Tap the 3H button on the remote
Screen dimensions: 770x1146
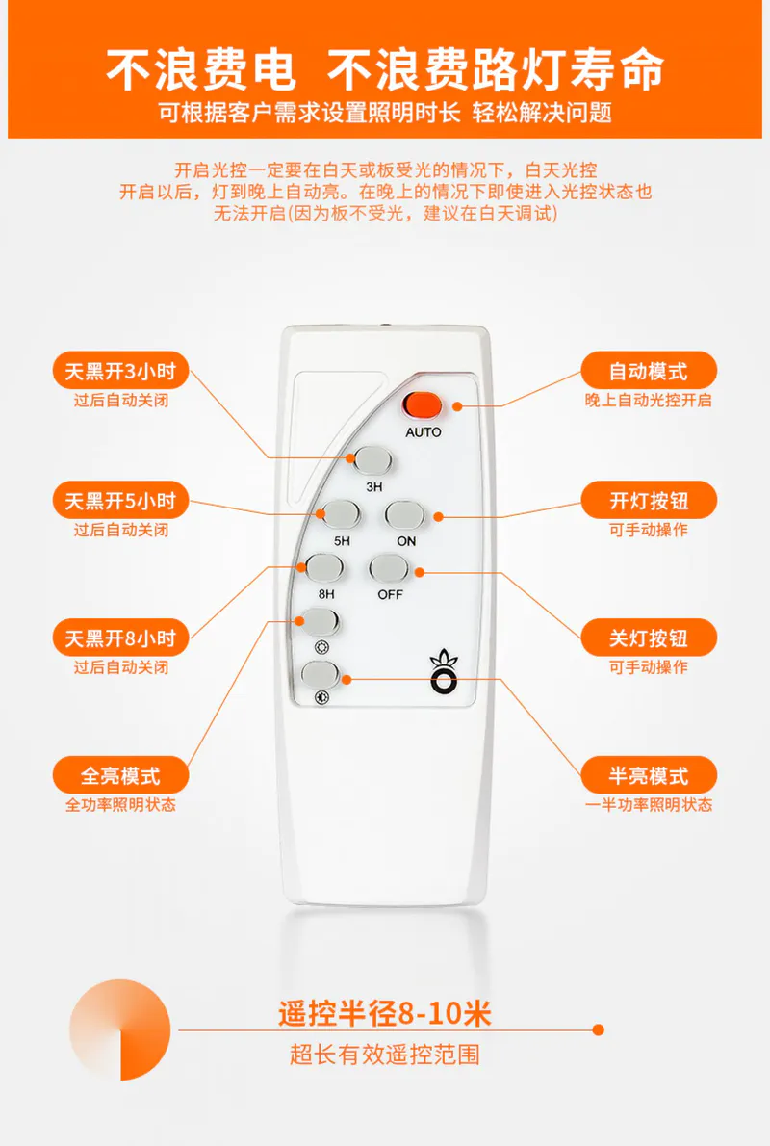click(372, 461)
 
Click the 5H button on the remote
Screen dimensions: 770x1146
click(341, 515)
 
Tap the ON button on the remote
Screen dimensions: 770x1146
click(404, 515)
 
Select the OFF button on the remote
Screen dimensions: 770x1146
click(389, 569)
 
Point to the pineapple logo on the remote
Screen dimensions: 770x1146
click(444, 671)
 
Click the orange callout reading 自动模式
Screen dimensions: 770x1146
click(649, 372)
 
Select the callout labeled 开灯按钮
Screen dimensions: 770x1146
click(649, 501)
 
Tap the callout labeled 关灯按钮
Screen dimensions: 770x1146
click(649, 638)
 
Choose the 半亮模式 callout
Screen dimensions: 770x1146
click(649, 775)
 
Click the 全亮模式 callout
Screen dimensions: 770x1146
click(120, 775)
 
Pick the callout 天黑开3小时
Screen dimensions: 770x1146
click(120, 372)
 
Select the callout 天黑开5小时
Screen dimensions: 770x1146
click(120, 501)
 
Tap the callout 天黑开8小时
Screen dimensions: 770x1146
click(120, 638)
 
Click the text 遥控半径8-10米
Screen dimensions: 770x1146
click(384, 1013)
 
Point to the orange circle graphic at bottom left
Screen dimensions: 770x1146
click(119, 1029)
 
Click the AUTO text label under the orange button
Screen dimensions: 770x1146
click(423, 432)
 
